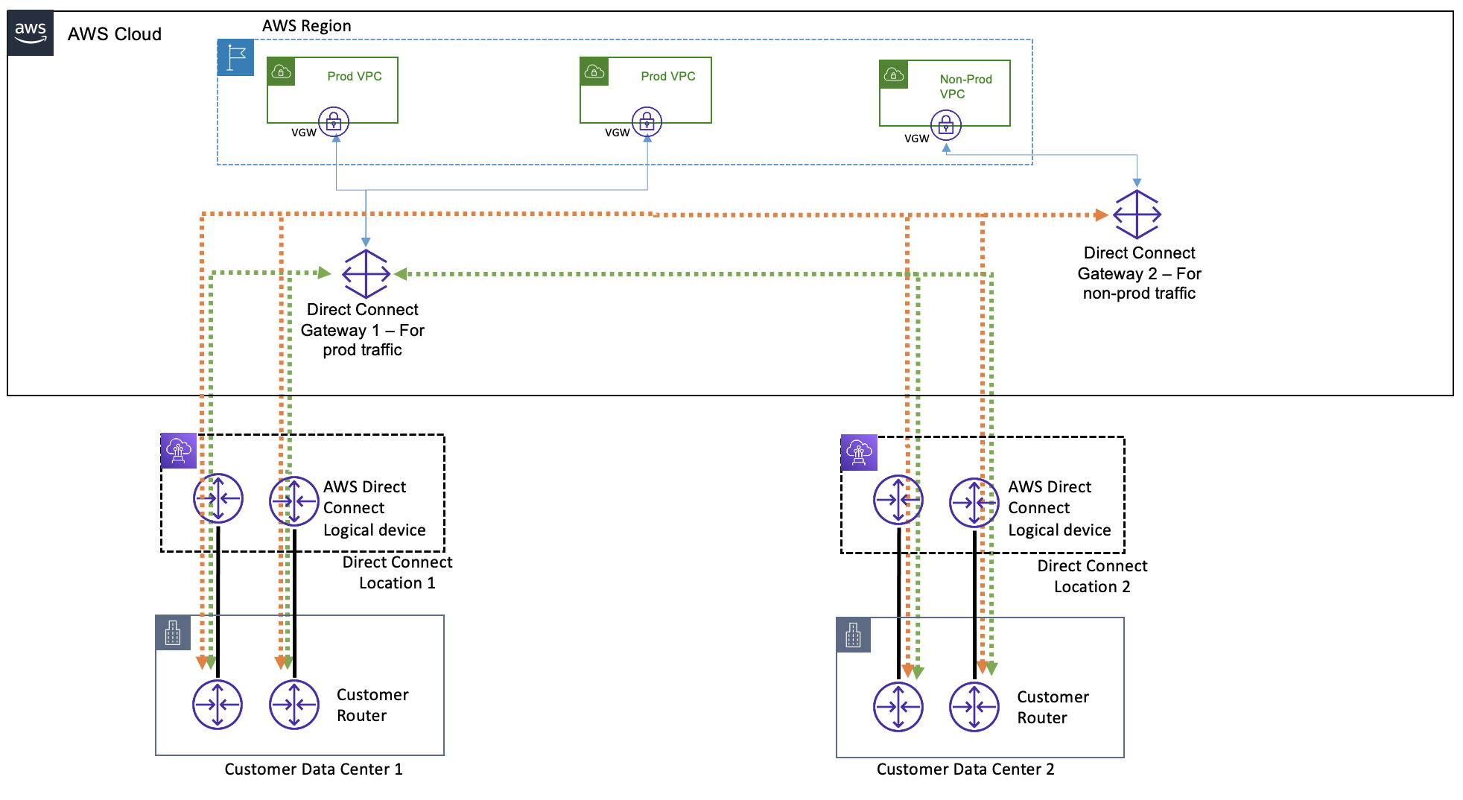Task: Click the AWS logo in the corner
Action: click(31, 33)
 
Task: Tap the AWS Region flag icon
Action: click(236, 57)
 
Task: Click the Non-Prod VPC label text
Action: click(965, 86)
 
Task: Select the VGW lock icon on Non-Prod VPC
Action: click(946, 125)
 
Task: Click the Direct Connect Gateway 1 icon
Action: click(366, 273)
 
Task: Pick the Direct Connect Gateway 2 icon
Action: click(1137, 215)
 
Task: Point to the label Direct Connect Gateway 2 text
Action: click(1139, 273)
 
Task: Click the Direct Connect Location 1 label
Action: click(397, 572)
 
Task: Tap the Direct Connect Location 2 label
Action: click(1092, 576)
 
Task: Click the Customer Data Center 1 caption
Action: click(314, 769)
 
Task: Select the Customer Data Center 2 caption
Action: click(965, 769)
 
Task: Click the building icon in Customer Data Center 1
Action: click(173, 633)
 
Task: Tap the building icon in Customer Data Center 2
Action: click(854, 635)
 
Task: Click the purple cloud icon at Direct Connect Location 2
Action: click(859, 452)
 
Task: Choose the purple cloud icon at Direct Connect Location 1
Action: click(179, 451)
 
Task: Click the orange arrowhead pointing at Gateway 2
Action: click(1102, 215)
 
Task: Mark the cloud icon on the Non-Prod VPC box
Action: click(894, 74)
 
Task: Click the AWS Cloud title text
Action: click(115, 34)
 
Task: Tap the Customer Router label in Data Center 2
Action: click(1053, 707)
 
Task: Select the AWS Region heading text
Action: click(306, 25)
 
